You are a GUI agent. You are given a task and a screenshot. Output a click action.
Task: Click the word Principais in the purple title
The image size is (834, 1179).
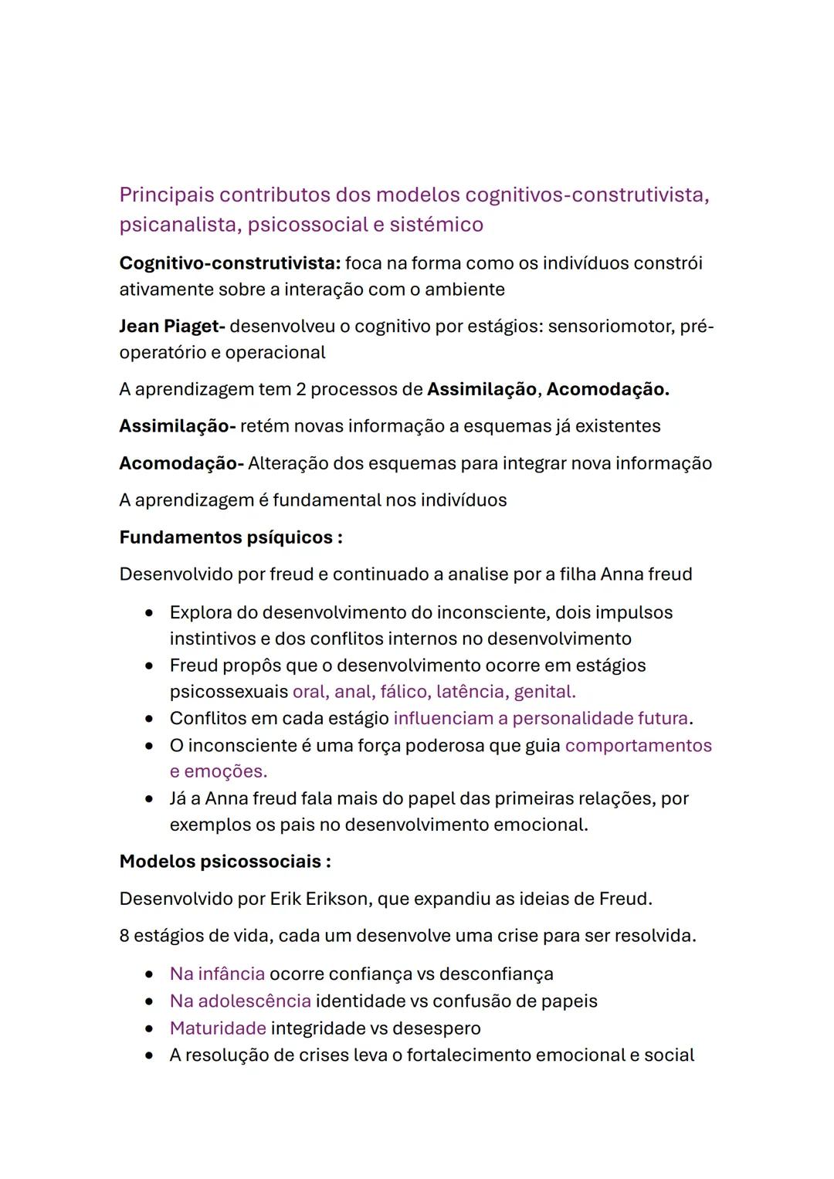[x=166, y=195]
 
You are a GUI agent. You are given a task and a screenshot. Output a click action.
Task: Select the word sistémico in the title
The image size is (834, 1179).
[x=436, y=225]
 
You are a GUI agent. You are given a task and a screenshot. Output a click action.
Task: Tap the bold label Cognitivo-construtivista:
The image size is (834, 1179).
[x=229, y=263]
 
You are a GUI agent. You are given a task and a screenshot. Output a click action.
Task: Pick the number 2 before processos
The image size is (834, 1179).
[x=300, y=389]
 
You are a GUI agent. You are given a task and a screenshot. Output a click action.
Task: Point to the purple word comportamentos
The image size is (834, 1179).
[x=638, y=746]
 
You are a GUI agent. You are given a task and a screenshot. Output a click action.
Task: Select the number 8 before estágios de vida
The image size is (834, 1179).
[x=124, y=937]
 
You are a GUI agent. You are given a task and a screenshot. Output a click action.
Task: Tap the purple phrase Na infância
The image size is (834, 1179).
[x=217, y=974]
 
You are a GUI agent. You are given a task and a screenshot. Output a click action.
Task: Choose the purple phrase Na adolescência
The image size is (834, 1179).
[x=240, y=1001]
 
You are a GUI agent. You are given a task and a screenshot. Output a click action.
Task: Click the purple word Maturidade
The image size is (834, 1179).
[x=218, y=1028]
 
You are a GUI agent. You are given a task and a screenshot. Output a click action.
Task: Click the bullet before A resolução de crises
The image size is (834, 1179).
[x=149, y=1056]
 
